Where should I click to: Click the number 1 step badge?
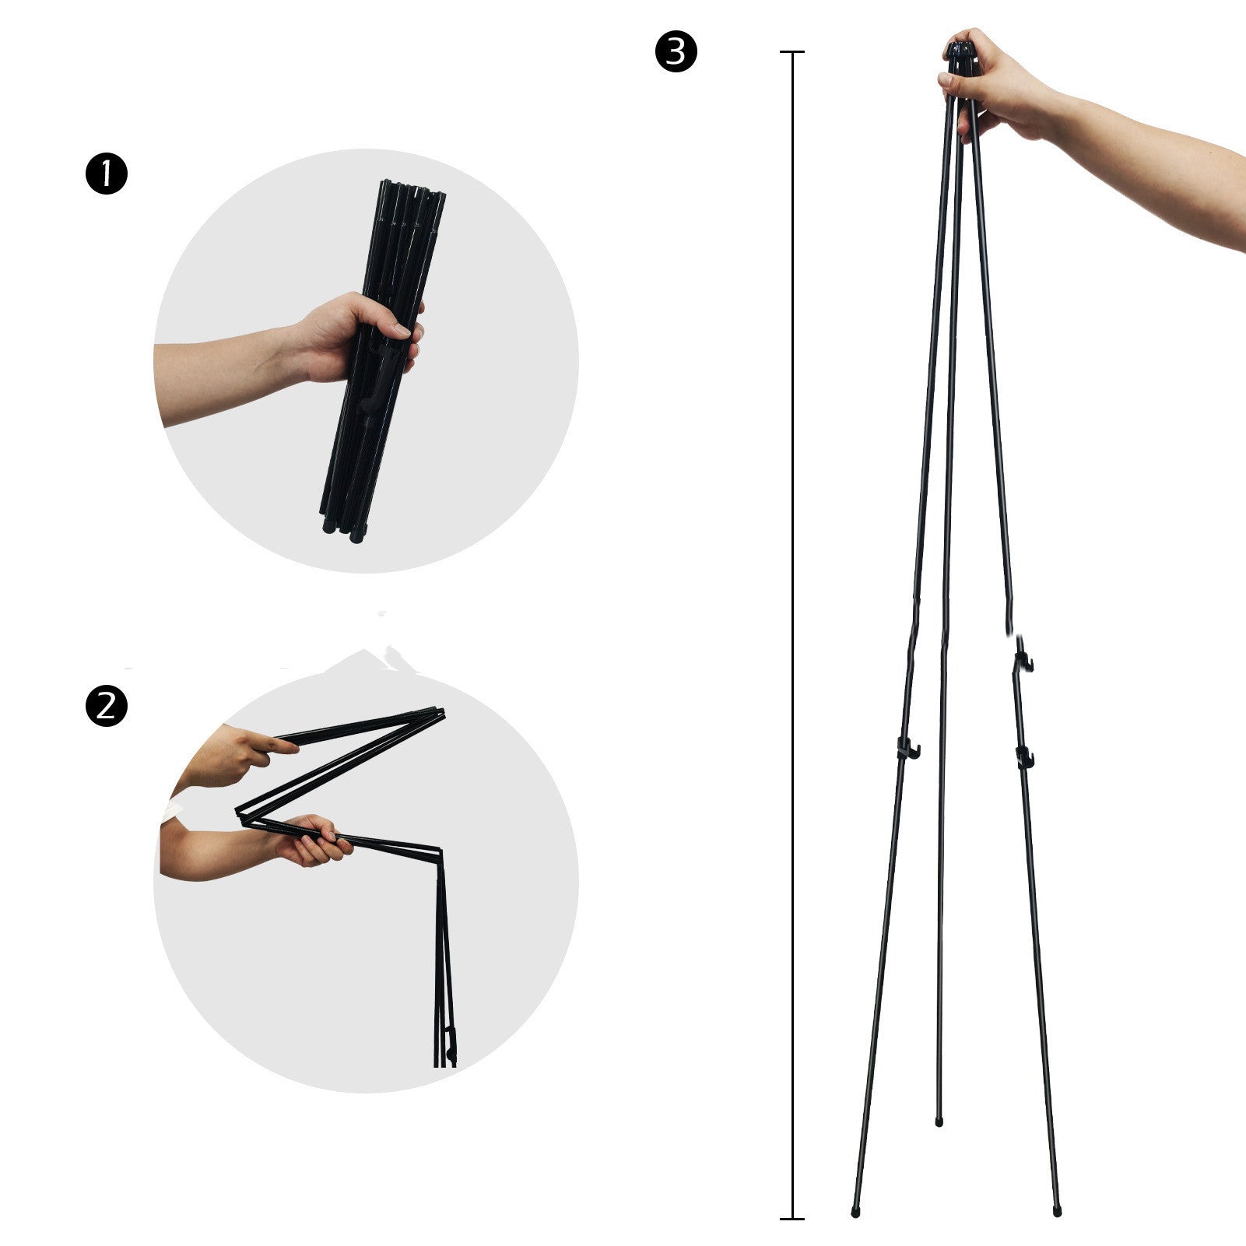click(106, 174)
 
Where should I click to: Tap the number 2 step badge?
click(106, 707)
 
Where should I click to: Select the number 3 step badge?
click(676, 51)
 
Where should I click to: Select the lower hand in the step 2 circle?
click(311, 840)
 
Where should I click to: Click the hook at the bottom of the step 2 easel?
click(451, 1043)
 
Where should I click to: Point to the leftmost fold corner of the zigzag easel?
click(241, 813)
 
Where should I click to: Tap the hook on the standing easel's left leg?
click(907, 749)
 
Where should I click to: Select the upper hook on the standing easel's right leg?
click(1023, 662)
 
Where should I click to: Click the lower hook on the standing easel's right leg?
click(1024, 756)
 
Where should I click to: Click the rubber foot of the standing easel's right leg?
click(1057, 1211)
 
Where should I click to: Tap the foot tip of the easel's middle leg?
click(939, 1122)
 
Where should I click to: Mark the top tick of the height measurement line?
click(792, 52)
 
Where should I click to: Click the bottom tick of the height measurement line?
click(792, 1218)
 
